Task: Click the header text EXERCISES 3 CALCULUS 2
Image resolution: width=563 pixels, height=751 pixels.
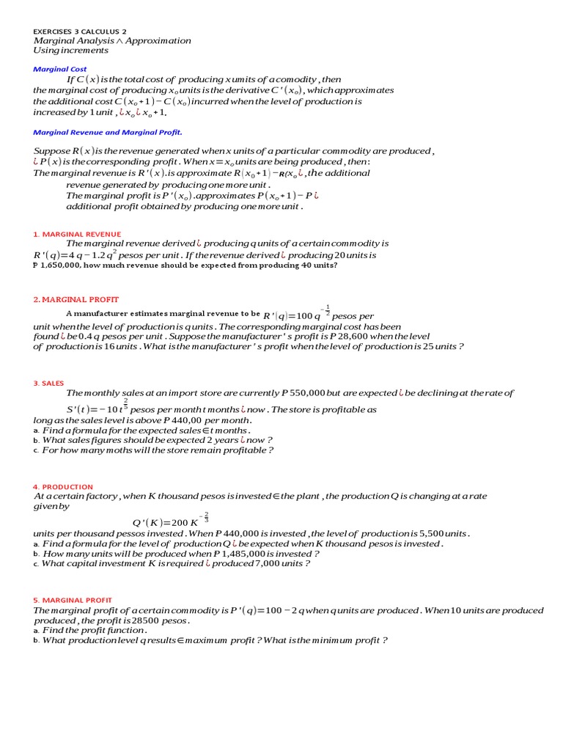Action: pos(79,32)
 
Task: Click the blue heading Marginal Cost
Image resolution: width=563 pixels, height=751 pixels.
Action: pos(60,69)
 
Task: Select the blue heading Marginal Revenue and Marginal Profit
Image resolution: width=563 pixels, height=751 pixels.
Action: pos(108,133)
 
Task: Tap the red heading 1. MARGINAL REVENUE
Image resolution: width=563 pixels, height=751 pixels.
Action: pos(77,234)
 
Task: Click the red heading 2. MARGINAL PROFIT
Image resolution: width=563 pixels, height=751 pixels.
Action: pos(76,299)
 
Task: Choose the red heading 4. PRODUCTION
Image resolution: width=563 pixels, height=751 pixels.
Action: pos(63,487)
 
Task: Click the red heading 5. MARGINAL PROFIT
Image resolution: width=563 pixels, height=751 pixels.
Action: pos(73,600)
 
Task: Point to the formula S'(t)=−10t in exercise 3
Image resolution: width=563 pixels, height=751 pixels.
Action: pos(96,409)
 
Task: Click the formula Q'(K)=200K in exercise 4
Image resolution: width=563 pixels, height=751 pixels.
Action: pos(171,521)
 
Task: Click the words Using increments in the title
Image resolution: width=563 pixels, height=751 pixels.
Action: pos(71,51)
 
